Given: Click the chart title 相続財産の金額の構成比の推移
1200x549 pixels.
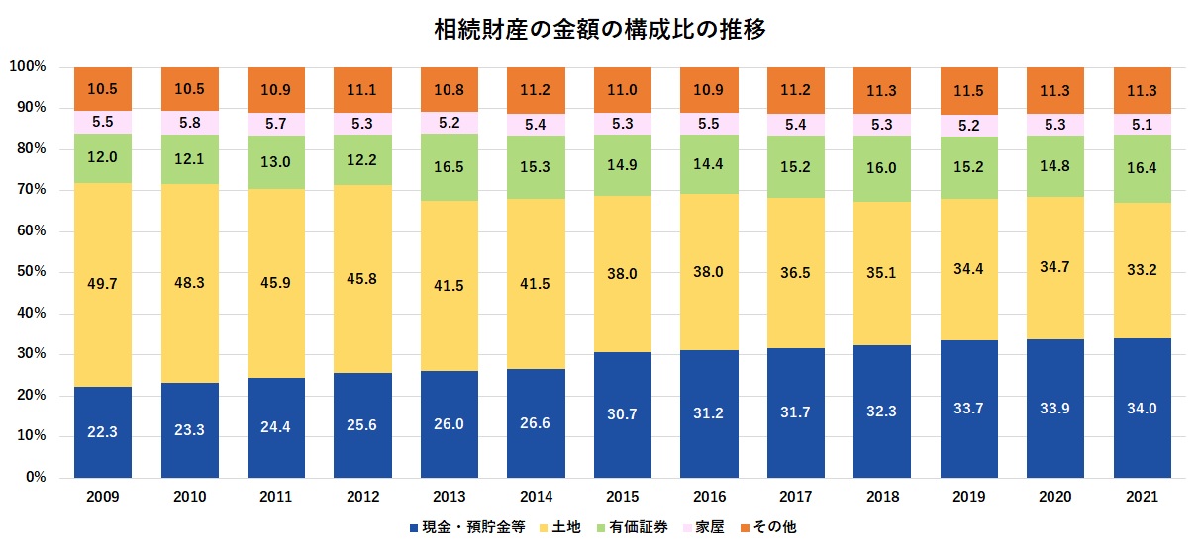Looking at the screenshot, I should [x=600, y=29].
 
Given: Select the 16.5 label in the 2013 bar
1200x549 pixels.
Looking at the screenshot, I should [x=450, y=168].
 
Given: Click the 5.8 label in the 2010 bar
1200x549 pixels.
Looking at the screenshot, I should [x=190, y=123].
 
